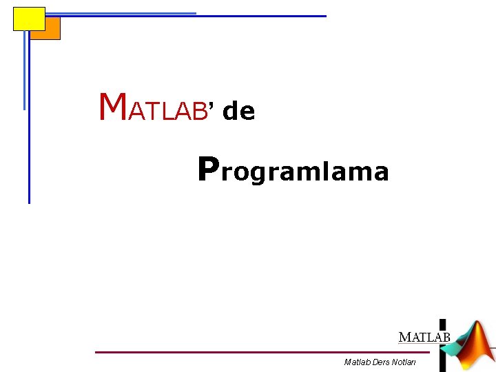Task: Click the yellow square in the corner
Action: [x=29, y=19]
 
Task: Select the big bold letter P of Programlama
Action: [x=208, y=169]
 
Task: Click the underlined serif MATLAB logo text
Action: [x=424, y=338]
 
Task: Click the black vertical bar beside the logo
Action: [x=442, y=344]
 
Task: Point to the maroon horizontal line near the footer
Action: [x=262, y=352]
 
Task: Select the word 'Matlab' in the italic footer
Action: [x=357, y=362]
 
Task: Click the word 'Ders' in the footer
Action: [x=381, y=362]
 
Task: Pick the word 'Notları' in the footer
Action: [x=404, y=362]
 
